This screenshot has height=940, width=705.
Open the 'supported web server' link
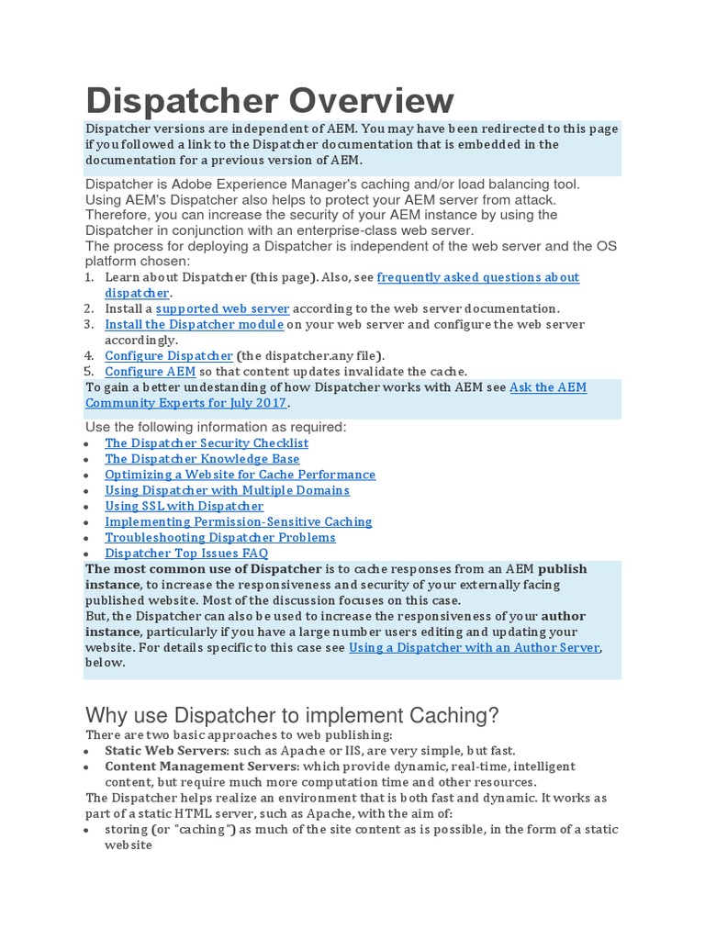pos(222,308)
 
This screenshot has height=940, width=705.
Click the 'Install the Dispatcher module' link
pos(194,324)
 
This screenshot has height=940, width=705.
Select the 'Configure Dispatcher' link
pos(169,355)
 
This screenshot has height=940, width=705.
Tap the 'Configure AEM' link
pos(150,371)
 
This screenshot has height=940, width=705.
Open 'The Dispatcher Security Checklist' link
pos(207,442)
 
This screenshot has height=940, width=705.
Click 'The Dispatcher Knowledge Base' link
pos(202,458)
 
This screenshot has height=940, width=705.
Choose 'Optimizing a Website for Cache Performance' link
pos(240,474)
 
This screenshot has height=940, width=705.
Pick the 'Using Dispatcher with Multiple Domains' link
pos(227,490)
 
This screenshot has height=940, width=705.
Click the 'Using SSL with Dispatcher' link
pos(184,506)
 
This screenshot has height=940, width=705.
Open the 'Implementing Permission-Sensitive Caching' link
pos(238,521)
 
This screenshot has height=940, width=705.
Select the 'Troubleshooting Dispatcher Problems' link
pos(220,537)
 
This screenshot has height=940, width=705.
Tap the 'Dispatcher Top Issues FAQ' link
pos(186,553)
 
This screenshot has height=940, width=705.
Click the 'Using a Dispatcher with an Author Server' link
pos(474,647)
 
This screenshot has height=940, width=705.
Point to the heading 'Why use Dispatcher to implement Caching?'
pos(291,715)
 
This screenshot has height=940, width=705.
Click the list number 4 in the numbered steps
pos(89,355)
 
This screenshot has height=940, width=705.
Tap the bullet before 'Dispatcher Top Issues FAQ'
pos(85,554)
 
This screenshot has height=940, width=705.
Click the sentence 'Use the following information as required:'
pos(216,427)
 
